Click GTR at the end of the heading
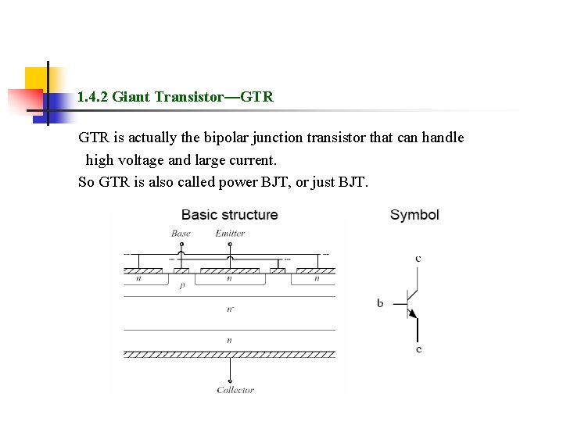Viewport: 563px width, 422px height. pyautogui.click(x=257, y=97)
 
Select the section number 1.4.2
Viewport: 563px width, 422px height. pyautogui.click(x=93, y=97)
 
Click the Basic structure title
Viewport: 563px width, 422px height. pyautogui.click(x=229, y=215)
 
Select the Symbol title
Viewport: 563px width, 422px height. pyautogui.click(x=414, y=215)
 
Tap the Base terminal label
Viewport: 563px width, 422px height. pyautogui.click(x=181, y=233)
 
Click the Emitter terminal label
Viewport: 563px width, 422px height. pyautogui.click(x=230, y=233)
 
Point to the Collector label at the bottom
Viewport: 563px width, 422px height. pyautogui.click(x=235, y=390)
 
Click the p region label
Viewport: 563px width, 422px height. pyautogui.click(x=182, y=285)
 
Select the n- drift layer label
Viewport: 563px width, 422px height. pyautogui.click(x=229, y=309)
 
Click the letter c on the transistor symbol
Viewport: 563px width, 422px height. pyautogui.click(x=418, y=257)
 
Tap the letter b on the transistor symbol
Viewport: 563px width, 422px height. pyautogui.click(x=380, y=302)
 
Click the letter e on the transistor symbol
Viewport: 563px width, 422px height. pyautogui.click(x=419, y=349)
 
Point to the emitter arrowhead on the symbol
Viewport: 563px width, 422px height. pyautogui.click(x=414, y=314)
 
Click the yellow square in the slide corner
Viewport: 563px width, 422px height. pyautogui.click(x=36, y=78)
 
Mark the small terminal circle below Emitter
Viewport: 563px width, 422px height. pyautogui.click(x=229, y=245)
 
